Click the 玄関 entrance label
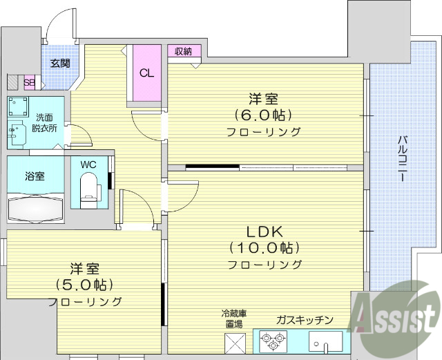(x=59, y=63)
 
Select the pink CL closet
(x=147, y=73)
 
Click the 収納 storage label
(x=182, y=51)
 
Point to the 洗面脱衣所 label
(x=44, y=122)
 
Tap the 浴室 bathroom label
(x=35, y=176)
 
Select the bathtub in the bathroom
(x=35, y=207)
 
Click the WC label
(x=88, y=164)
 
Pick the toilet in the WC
(x=89, y=190)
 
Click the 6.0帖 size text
(x=262, y=114)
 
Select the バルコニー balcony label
(x=401, y=159)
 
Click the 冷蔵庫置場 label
(x=233, y=319)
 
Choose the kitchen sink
(x=325, y=341)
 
